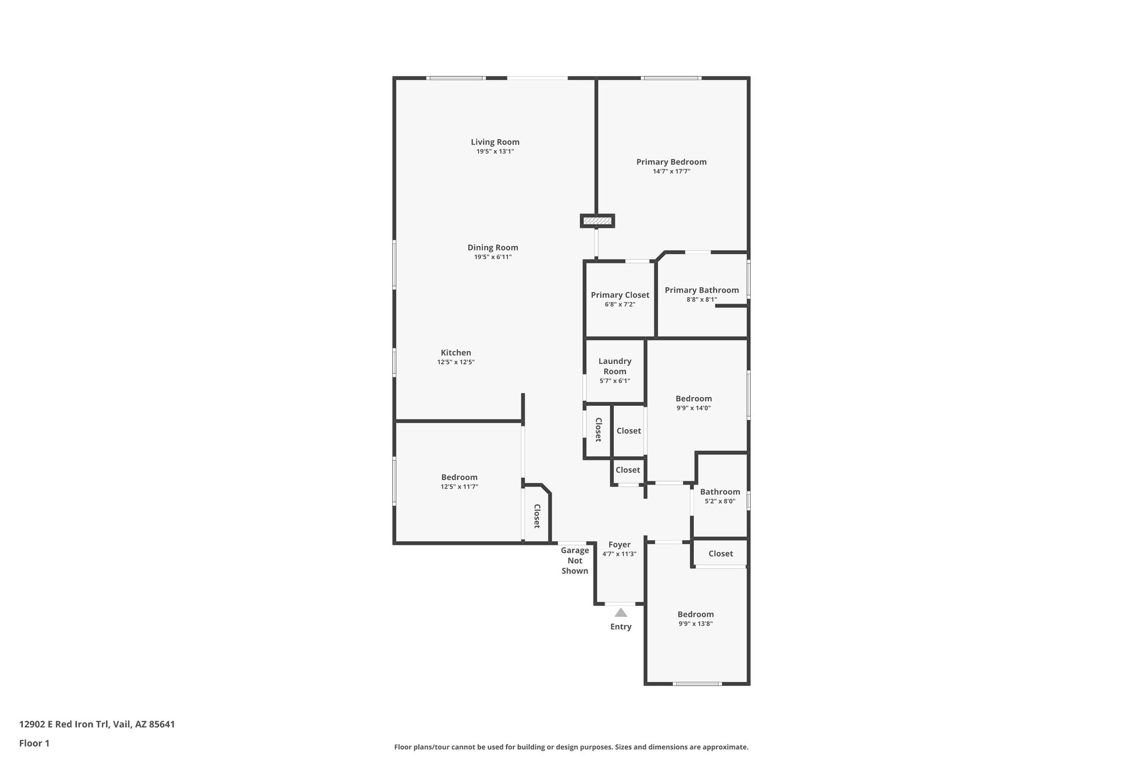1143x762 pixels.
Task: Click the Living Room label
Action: click(x=495, y=142)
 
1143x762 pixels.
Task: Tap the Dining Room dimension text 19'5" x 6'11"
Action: click(x=493, y=257)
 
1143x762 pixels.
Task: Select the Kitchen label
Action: click(x=456, y=353)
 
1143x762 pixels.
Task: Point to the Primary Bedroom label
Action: click(x=671, y=162)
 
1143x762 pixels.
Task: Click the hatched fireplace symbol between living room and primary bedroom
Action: click(x=597, y=221)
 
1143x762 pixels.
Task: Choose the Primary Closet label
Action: click(x=620, y=295)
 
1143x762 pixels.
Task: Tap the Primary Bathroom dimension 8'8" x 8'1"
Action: click(x=702, y=300)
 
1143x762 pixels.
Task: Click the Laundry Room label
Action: click(x=615, y=366)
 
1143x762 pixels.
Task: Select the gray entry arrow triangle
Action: click(x=621, y=612)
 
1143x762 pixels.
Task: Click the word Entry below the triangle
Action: click(x=621, y=627)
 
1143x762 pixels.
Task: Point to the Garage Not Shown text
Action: click(x=575, y=560)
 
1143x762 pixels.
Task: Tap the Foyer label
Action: click(x=619, y=545)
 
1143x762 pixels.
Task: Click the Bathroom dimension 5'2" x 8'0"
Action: click(x=720, y=501)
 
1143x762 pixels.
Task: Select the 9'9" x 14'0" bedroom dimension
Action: click(x=694, y=408)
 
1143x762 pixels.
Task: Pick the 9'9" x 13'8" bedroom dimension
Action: click(x=695, y=624)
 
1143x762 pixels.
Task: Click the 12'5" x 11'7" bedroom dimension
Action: click(x=459, y=487)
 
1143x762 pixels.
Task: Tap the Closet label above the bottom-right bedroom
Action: click(x=721, y=554)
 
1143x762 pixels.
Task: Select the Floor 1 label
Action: click(x=35, y=744)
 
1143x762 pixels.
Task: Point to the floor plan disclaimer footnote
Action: click(x=571, y=747)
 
